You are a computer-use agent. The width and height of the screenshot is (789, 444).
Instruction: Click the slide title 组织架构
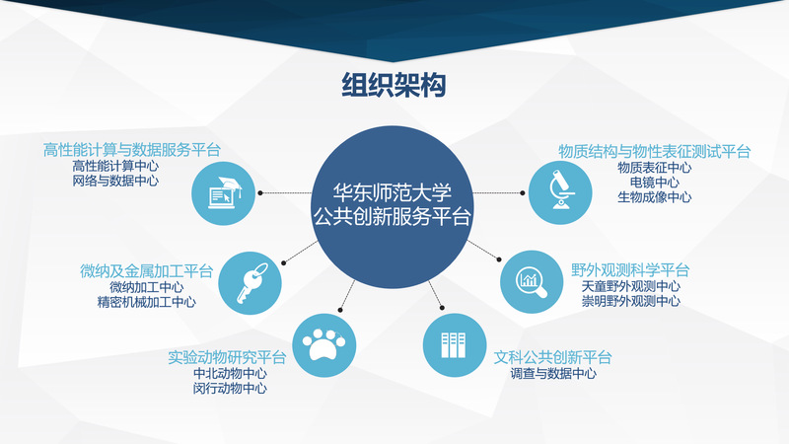[394, 85]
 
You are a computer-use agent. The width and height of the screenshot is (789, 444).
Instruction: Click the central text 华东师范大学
[392, 192]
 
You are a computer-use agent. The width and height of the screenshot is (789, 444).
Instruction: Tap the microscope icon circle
[560, 192]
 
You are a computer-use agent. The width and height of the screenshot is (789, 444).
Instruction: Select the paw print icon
[324, 345]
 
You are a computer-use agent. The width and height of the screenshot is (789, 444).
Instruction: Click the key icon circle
[251, 283]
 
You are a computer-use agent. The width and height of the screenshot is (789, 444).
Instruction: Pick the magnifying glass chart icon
[532, 282]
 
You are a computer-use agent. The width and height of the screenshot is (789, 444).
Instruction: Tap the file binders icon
[455, 345]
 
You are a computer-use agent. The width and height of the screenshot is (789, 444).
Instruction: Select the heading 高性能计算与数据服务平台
[132, 150]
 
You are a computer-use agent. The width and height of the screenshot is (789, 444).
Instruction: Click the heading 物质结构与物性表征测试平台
[654, 151]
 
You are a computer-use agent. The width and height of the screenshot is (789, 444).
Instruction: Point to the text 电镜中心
[654, 182]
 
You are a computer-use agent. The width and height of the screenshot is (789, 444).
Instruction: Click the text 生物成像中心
[654, 196]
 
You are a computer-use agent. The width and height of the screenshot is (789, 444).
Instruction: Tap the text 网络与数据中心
[115, 181]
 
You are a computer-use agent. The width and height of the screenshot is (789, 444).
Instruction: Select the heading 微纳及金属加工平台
[146, 271]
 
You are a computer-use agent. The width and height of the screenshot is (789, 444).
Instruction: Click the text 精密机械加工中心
[146, 302]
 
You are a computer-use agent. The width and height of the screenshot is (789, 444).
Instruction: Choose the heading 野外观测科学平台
[630, 270]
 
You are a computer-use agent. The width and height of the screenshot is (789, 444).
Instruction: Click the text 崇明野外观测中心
[630, 301]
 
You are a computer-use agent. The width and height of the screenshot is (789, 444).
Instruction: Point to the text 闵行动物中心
[230, 388]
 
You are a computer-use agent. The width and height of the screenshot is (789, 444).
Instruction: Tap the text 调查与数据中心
[553, 373]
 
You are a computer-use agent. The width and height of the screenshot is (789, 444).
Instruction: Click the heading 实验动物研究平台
[227, 357]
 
